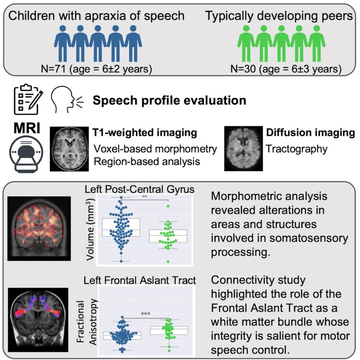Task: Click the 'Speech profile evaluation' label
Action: click(x=169, y=101)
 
